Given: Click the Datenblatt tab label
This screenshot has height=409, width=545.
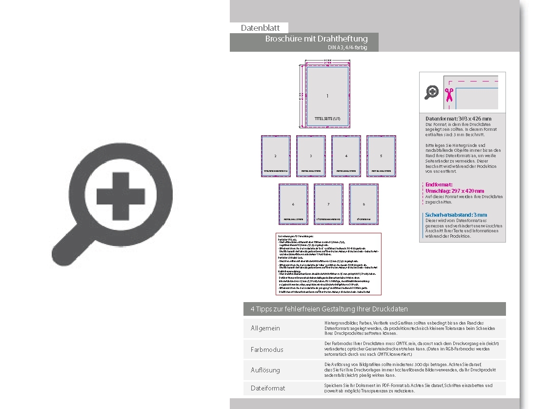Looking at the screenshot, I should [260, 28].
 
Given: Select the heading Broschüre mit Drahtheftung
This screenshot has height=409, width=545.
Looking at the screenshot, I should [316, 39].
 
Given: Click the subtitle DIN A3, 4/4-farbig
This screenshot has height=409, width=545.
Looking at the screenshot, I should [347, 47].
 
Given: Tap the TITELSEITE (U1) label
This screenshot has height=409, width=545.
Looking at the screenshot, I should [327, 119].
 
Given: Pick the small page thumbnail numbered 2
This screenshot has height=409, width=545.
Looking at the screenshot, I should [276, 156].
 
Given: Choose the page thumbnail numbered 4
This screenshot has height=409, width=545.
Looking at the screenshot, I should [346, 156].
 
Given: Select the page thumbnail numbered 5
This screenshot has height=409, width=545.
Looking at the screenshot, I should [381, 156].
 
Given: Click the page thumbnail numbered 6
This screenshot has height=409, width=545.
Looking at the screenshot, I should [293, 204].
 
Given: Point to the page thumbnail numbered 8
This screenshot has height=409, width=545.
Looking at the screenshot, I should [363, 204].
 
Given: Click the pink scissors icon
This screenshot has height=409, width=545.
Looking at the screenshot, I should [449, 94].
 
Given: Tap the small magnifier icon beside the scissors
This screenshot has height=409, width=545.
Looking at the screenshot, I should [431, 92].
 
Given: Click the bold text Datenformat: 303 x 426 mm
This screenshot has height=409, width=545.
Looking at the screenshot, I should [458, 119].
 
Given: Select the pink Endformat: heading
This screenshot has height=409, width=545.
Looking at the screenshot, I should [439, 184].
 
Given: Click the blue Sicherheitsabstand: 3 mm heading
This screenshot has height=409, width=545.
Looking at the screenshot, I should [456, 215].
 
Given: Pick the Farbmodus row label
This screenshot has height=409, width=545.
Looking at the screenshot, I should [267, 349].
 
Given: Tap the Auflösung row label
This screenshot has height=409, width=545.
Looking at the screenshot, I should [265, 370].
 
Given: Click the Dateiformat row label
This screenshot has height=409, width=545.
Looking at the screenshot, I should [268, 388].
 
